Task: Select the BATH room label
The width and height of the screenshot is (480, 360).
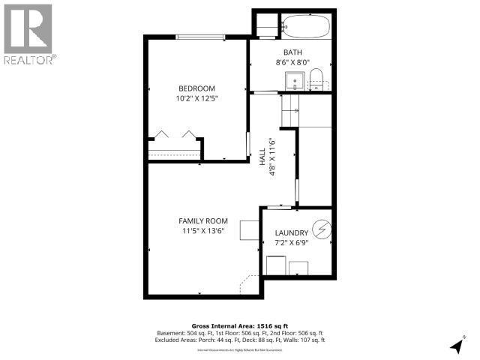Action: [x=292, y=52]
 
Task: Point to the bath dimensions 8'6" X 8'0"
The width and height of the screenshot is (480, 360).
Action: [x=292, y=63]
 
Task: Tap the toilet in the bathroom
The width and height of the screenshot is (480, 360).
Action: [x=316, y=79]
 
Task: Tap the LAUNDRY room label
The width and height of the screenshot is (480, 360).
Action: [x=292, y=233]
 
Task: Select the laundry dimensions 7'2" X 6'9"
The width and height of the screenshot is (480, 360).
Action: [x=292, y=244]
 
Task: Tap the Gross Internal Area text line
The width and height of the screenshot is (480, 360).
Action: [x=240, y=325]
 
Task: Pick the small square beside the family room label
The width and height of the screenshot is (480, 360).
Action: [x=249, y=229]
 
